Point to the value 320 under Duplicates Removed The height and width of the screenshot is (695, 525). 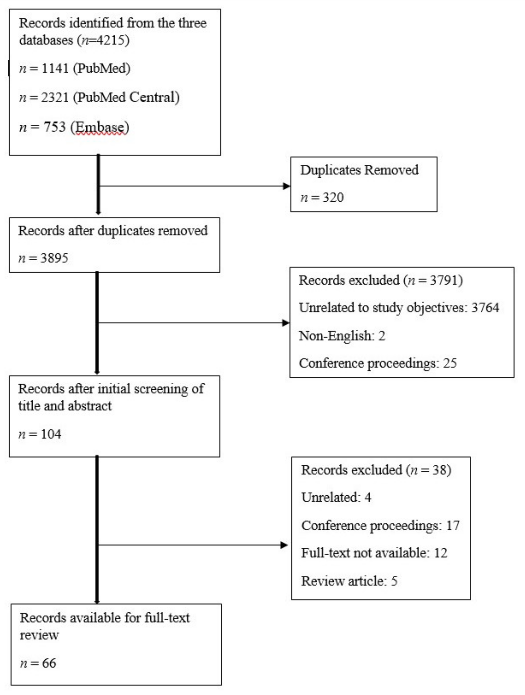pyautogui.click(x=333, y=197)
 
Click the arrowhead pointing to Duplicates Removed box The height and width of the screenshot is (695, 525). pyautogui.click(x=286, y=186)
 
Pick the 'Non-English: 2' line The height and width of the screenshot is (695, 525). pyautogui.click(x=342, y=336)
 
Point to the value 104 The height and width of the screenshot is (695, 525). pyautogui.click(x=51, y=434)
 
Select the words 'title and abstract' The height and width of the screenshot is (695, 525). pyautogui.click(x=65, y=406)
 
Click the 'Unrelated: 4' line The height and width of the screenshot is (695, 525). pyautogui.click(x=336, y=497)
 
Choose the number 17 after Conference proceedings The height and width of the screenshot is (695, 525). pyautogui.click(x=453, y=525)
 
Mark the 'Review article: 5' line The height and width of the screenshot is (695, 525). pyautogui.click(x=349, y=581)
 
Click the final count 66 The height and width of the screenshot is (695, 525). pyautogui.click(x=49, y=663)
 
